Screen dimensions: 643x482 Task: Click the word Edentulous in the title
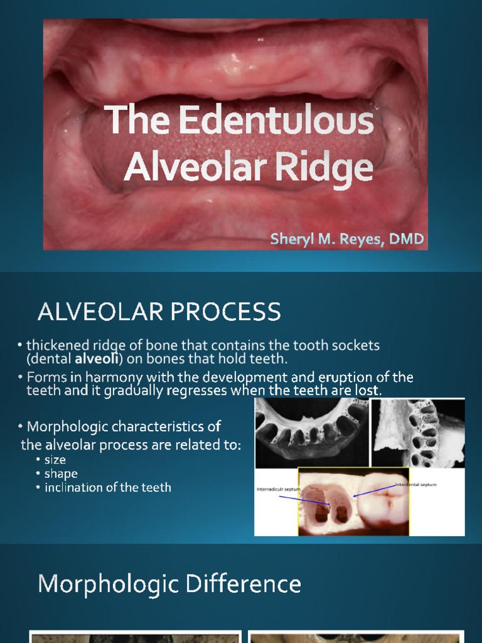277,121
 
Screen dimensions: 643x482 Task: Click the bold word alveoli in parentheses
95,359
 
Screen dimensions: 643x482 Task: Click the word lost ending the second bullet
370,391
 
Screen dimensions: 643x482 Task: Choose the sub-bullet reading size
55,460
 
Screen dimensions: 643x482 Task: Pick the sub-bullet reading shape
61,473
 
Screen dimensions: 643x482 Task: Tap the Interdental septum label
415,485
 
